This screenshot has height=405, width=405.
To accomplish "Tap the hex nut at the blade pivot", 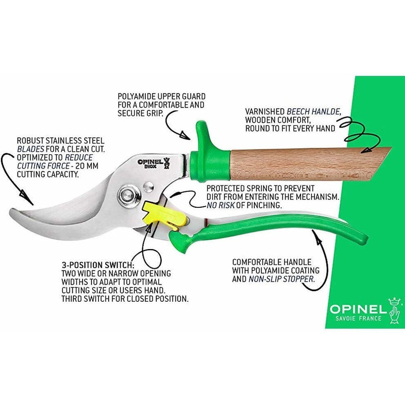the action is (126, 195).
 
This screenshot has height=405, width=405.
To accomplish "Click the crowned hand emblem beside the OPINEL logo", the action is (394, 311).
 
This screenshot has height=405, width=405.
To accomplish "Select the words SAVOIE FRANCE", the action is (358, 318).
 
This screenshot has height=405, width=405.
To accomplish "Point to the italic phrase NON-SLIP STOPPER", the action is (281, 279).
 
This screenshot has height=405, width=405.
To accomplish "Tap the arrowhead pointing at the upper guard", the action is (184, 135).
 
